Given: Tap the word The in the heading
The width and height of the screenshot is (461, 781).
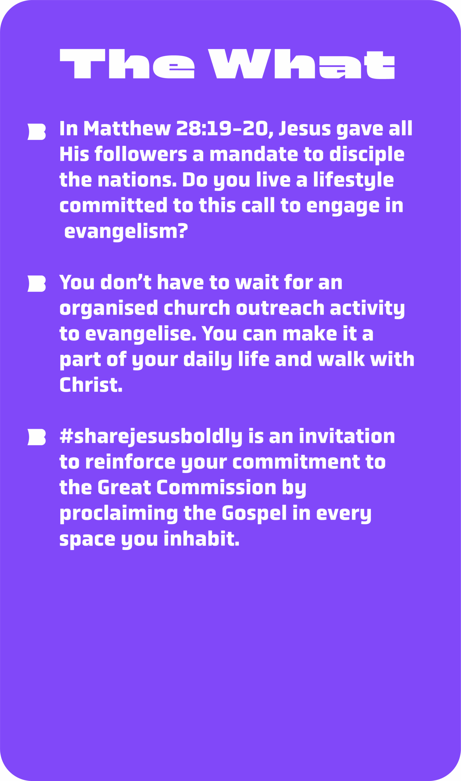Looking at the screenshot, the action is point(127,64).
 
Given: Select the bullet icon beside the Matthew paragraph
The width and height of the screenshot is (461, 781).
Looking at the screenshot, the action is point(37,132).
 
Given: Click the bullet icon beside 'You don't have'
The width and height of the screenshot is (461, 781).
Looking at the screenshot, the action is point(37,283).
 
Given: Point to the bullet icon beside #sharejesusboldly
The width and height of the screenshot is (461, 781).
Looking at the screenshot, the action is point(37,437).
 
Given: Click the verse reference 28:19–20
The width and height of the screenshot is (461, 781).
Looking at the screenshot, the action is point(222,128).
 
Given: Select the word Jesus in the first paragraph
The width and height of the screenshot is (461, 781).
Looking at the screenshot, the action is point(305,128).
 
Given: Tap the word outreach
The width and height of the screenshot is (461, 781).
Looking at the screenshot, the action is point(280,308).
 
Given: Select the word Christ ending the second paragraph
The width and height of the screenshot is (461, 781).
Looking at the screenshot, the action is point(91,384).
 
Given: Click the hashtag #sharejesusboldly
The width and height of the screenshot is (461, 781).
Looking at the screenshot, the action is point(151,437).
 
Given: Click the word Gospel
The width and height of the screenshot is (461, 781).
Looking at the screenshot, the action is point(254,514).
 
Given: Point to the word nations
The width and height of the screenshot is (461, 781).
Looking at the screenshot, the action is point(137,179).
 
